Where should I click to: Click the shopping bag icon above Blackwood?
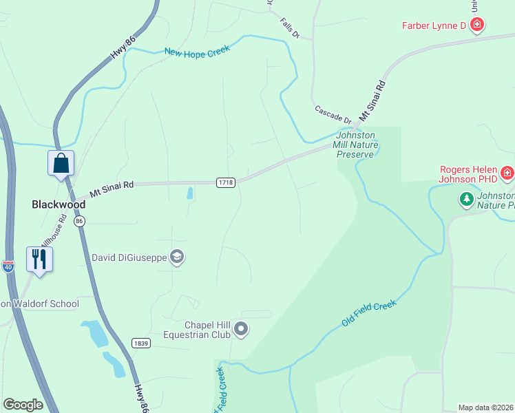point(61,164)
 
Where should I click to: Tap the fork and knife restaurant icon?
point(39,260)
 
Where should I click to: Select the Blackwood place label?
point(59,204)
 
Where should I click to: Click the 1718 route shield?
point(225,182)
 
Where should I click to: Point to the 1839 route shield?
point(140,343)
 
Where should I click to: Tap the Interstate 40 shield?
point(8,266)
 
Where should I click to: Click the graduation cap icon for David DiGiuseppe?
point(177,257)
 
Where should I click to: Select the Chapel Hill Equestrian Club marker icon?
point(241,330)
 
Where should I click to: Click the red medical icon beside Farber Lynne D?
point(477,26)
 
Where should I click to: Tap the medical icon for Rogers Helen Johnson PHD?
point(507,172)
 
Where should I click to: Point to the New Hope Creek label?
point(196,48)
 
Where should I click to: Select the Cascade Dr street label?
point(333,115)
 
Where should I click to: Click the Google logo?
point(23,404)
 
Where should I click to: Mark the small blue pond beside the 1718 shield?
point(189,193)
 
